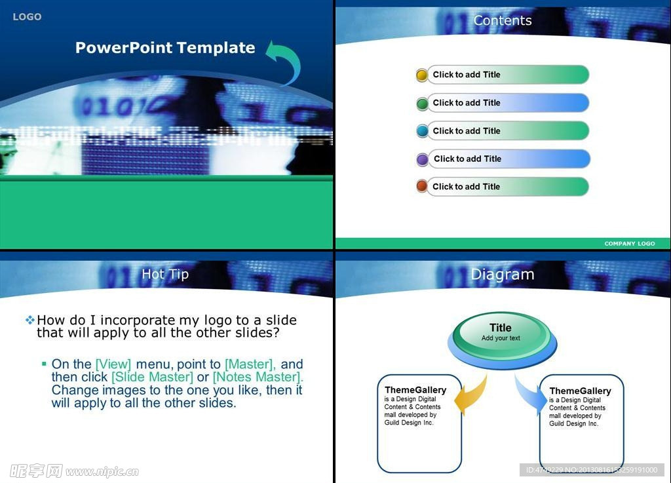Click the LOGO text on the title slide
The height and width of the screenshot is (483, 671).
(27, 16)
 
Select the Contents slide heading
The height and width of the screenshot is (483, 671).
(503, 20)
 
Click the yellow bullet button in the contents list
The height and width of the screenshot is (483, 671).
(422, 75)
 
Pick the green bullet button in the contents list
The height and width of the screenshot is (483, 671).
(422, 103)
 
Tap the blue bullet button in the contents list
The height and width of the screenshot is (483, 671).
(422, 131)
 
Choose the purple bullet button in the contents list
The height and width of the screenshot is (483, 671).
(423, 159)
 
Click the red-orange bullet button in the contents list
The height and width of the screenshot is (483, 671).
(422, 187)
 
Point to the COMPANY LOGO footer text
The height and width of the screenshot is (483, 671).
(630, 243)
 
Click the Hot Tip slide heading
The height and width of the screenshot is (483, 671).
(165, 274)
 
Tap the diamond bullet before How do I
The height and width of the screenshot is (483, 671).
(29, 320)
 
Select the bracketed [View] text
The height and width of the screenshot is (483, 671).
(113, 364)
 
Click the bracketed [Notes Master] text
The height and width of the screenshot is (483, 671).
(258, 377)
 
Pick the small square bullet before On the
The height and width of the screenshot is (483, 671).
(44, 364)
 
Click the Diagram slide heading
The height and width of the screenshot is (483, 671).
(503, 274)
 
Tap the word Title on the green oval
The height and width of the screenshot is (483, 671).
(500, 328)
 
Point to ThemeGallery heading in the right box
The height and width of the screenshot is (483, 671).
(580, 391)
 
